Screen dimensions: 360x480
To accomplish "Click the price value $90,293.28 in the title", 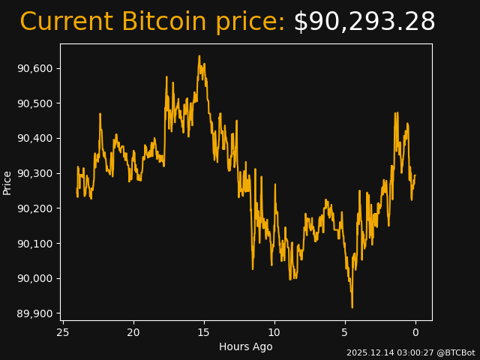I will pyautogui.click(x=364, y=22).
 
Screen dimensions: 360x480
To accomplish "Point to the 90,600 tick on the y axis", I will pyautogui.click(x=35, y=68).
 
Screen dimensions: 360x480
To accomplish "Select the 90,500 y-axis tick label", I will pyautogui.click(x=35, y=103).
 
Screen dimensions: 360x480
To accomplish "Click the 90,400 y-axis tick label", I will pyautogui.click(x=35, y=138).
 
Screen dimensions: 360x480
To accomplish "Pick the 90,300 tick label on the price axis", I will pyautogui.click(x=35, y=173).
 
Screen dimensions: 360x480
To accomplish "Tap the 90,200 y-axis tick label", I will pyautogui.click(x=35, y=208).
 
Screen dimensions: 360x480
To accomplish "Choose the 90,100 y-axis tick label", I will pyautogui.click(x=35, y=243).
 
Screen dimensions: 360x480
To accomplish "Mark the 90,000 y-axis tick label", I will pyautogui.click(x=35, y=278).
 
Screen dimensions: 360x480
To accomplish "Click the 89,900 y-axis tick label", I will pyautogui.click(x=35, y=313).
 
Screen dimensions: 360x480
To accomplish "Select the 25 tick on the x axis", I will pyautogui.click(x=63, y=332).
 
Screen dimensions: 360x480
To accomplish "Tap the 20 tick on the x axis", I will pyautogui.click(x=133, y=332).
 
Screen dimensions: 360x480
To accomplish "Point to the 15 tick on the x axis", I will pyautogui.click(x=204, y=332).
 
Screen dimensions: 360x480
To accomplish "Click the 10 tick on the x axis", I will pyautogui.click(x=274, y=332).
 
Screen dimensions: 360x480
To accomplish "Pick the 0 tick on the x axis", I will pyautogui.click(x=415, y=332).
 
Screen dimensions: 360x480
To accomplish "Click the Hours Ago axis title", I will pyautogui.click(x=246, y=346).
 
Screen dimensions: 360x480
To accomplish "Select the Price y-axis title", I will pyautogui.click(x=7, y=182).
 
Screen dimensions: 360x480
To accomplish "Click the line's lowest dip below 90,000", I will pyautogui.click(x=352, y=306).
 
